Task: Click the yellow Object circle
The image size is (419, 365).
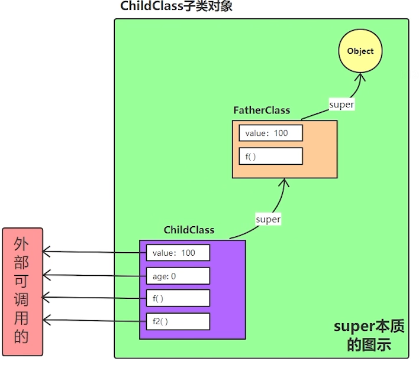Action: pos(360,51)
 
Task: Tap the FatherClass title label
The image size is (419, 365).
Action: pos(262,110)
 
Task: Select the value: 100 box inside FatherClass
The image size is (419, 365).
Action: pos(270,133)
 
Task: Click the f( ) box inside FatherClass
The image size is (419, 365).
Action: pos(270,156)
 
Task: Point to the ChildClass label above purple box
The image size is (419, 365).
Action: pos(189,230)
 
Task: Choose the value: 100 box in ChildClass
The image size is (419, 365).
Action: pos(178,253)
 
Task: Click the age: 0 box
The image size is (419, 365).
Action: pos(178,276)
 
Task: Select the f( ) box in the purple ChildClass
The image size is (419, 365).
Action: pos(178,298)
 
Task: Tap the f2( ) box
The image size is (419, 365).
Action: pos(178,321)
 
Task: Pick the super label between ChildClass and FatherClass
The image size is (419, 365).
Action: pos(267,219)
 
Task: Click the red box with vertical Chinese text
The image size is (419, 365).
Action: pos(22,292)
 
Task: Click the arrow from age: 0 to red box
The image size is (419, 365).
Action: pos(95,275)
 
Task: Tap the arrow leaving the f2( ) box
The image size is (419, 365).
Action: pos(95,321)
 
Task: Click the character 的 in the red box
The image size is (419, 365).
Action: pos(21,337)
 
